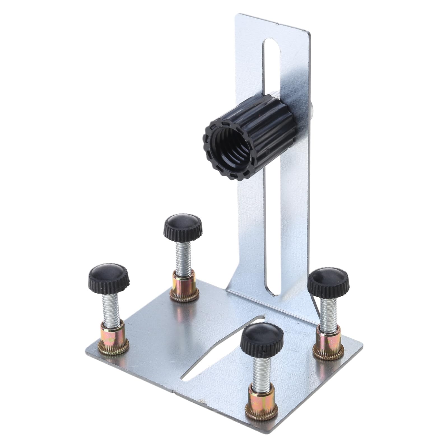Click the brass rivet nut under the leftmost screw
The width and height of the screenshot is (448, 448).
pyautogui.click(x=113, y=340)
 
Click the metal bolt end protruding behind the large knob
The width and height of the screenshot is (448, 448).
pyautogui.click(x=312, y=108)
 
